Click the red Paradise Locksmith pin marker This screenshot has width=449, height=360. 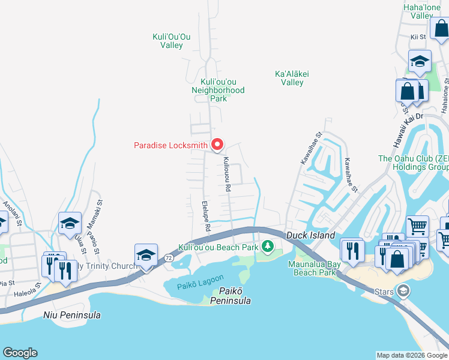tap(217, 145)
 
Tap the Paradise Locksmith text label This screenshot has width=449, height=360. tap(170, 145)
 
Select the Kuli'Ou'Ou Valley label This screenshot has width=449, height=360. tap(172, 41)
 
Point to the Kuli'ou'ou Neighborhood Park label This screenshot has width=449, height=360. tap(218, 90)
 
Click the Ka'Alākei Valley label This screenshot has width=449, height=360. tap(292, 78)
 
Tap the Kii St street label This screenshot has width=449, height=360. tap(418, 37)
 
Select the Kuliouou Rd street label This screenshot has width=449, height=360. tap(227, 175)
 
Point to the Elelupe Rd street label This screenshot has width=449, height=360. tap(206, 217)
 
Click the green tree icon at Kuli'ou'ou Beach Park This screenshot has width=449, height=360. tap(267, 247)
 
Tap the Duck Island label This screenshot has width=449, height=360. tap(310, 236)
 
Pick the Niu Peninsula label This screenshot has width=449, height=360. tap(72, 315)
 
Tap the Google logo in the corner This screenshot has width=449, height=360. tap(20, 353)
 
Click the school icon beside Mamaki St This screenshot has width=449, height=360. tap(70, 224)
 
